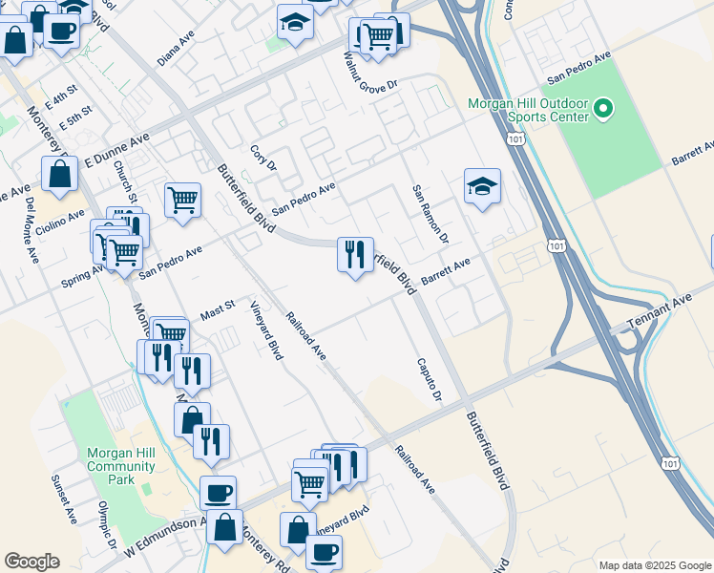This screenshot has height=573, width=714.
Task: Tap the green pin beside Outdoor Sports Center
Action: click(x=602, y=110)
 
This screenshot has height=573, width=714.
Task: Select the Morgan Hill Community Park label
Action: click(x=120, y=466)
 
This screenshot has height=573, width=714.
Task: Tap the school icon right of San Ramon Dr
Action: click(x=483, y=187)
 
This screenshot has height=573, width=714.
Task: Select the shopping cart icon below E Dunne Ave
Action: click(x=182, y=201)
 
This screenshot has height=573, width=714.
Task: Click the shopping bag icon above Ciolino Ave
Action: click(x=60, y=174)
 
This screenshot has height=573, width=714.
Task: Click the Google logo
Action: click(x=31, y=562)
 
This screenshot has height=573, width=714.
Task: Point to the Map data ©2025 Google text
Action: click(x=654, y=565)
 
